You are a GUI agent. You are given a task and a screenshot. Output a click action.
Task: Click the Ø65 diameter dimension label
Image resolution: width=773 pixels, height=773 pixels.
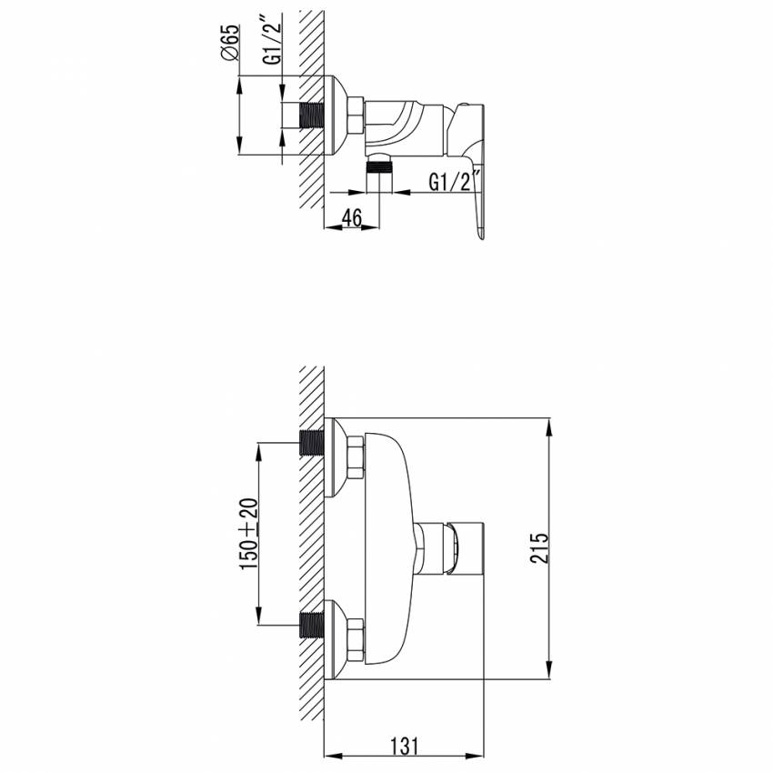pos(230,43)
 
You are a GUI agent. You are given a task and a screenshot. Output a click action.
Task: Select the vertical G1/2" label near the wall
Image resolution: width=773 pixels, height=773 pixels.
pos(272,40)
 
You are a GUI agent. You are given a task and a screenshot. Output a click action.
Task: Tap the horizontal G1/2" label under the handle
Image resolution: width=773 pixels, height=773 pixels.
pos(454,181)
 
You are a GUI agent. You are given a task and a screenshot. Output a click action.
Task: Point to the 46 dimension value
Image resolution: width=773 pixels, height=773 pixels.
pos(352,217)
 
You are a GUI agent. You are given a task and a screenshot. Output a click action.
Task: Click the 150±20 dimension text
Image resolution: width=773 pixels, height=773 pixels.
pos(249,534)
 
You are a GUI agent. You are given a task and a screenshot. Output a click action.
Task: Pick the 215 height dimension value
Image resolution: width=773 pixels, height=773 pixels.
pos(539,547)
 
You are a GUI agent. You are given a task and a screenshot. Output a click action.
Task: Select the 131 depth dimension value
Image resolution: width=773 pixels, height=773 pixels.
pos(405,746)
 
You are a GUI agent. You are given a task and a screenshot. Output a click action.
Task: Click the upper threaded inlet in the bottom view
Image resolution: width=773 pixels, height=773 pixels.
pos(312,443)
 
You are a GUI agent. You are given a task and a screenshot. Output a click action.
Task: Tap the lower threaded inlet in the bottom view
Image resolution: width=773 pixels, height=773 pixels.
pos(312,625)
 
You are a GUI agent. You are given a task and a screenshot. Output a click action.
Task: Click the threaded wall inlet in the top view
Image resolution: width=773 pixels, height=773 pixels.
pos(312,115)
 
